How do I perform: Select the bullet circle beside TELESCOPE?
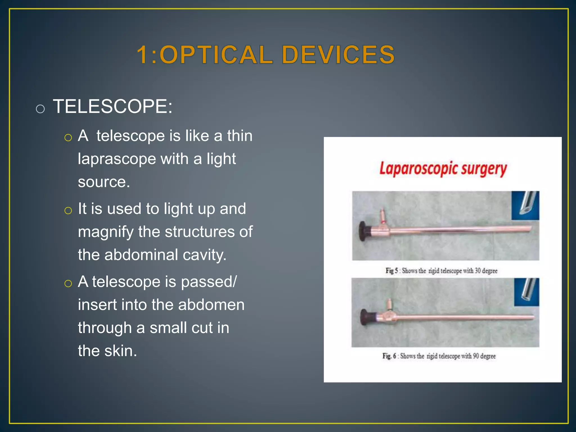pyautogui.click(x=40, y=109)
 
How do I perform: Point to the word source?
pyautogui.click(x=104, y=182)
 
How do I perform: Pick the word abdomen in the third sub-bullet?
pyautogui.click(x=211, y=305)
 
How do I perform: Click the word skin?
pyautogui.click(x=121, y=351)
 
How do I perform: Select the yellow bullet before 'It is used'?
pyautogui.click(x=68, y=210)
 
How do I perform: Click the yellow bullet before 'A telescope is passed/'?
pyautogui.click(x=68, y=283)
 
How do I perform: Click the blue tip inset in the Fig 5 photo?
pyautogui.click(x=525, y=205)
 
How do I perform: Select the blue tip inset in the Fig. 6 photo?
pyautogui.click(x=527, y=292)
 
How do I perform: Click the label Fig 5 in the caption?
pyautogui.click(x=392, y=271)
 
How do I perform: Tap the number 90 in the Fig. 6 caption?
pyautogui.click(x=476, y=356)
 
